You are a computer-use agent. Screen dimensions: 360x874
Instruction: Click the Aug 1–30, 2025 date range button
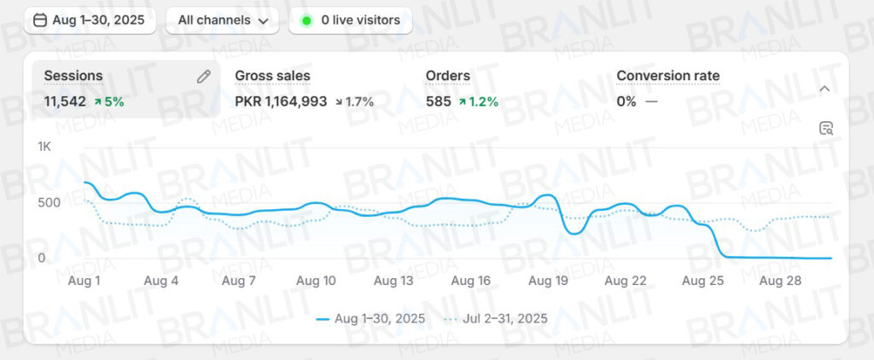(x=90, y=20)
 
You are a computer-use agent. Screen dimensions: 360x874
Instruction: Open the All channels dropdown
(x=222, y=20)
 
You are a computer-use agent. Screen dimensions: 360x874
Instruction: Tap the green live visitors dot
(x=307, y=20)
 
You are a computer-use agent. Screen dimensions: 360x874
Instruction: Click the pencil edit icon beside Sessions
(x=203, y=76)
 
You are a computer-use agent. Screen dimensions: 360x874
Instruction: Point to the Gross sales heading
(x=272, y=76)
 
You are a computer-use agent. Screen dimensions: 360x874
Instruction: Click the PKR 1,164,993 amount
(x=281, y=102)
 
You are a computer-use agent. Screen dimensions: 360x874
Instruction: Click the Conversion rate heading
(x=667, y=76)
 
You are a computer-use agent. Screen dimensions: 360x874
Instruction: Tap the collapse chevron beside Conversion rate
(x=824, y=88)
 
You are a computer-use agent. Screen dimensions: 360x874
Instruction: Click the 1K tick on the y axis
(x=44, y=147)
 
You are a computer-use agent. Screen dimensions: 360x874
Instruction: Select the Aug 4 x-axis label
(x=160, y=281)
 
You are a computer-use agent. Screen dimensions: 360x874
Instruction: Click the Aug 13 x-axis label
(x=394, y=281)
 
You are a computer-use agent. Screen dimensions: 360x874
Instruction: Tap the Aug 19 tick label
(x=549, y=281)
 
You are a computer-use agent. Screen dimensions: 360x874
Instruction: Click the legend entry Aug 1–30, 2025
(x=370, y=319)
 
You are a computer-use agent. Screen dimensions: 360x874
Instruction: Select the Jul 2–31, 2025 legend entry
(x=496, y=319)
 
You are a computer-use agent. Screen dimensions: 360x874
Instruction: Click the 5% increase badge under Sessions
(x=109, y=102)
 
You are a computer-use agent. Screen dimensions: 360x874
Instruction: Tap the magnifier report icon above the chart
(x=825, y=129)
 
